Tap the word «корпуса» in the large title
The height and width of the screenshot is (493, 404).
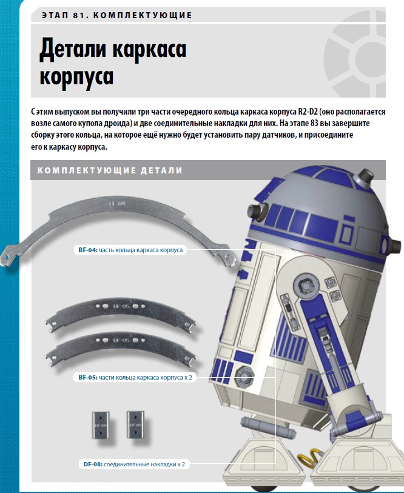click(x=76, y=77)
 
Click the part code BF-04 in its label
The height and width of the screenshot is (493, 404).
click(x=88, y=250)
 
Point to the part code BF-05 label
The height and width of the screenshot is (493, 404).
click(x=88, y=377)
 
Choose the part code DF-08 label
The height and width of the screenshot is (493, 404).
click(x=93, y=464)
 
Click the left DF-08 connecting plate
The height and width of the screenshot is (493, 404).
click(x=101, y=425)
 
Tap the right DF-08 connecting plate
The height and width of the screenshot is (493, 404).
click(x=135, y=424)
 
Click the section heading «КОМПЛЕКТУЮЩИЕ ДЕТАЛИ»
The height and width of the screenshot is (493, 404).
click(x=110, y=170)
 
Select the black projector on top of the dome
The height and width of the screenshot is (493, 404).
click(x=365, y=176)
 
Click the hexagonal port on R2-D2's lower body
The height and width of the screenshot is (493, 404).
click(x=244, y=376)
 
